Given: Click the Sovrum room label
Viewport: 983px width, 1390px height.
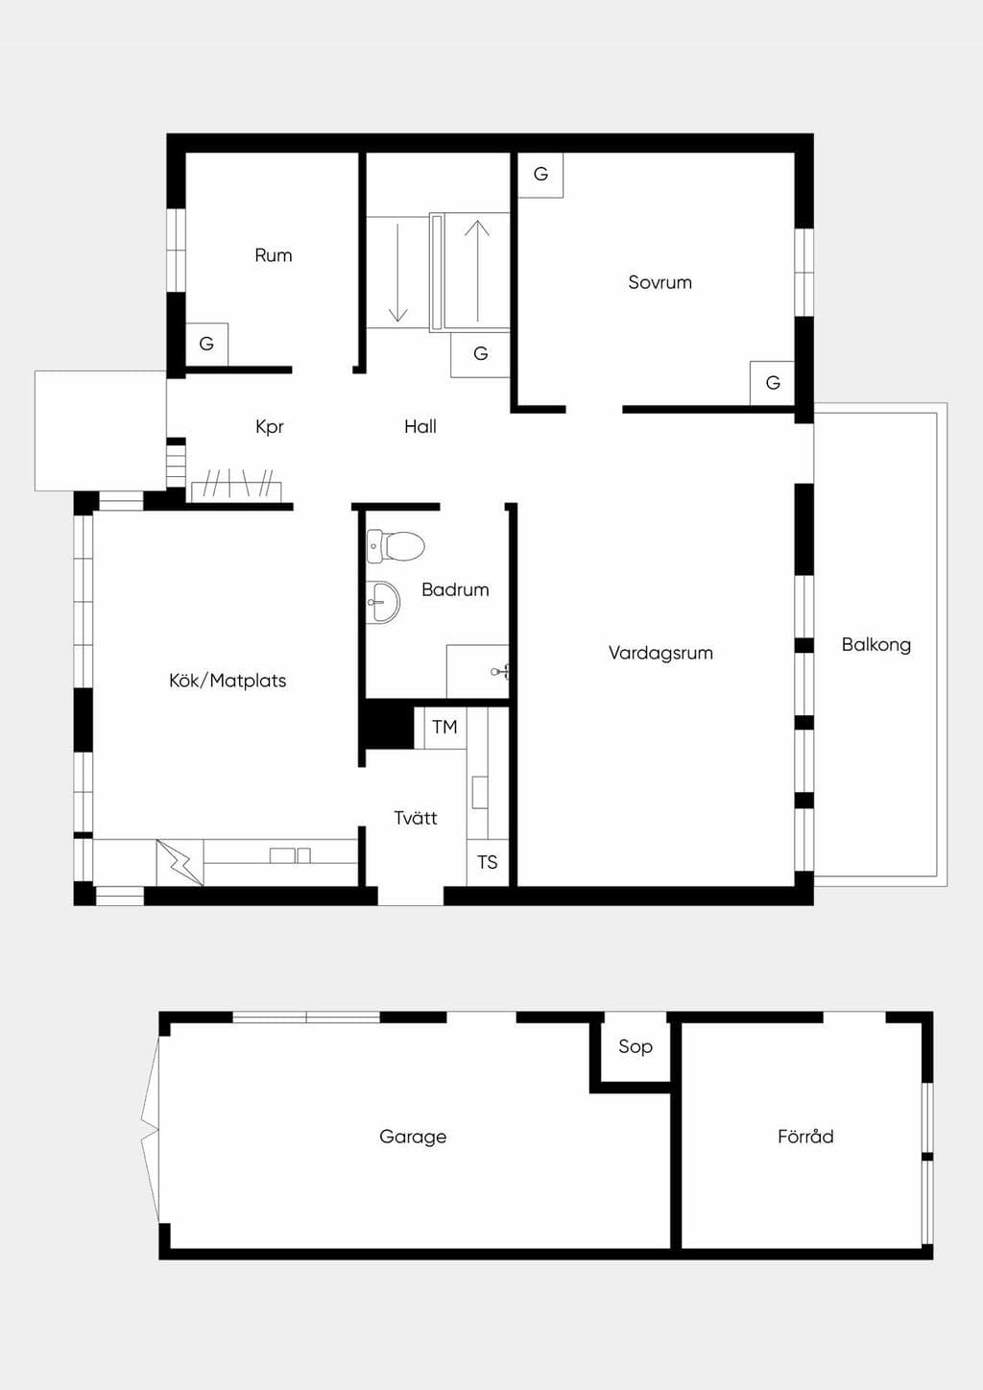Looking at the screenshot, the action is [x=659, y=282].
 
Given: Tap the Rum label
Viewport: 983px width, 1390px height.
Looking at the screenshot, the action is [x=273, y=255].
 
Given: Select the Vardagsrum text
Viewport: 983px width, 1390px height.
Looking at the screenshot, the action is [x=660, y=653].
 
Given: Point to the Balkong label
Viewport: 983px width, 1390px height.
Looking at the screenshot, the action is [x=876, y=645].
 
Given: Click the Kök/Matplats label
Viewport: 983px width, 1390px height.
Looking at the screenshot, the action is [x=228, y=681].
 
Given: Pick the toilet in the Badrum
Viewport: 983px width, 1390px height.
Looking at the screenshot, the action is [x=396, y=546].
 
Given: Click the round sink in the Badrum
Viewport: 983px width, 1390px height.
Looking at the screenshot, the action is [x=383, y=602].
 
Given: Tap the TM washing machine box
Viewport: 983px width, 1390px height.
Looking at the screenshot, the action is [x=445, y=728].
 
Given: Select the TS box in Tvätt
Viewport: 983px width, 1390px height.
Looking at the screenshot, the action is [x=487, y=863].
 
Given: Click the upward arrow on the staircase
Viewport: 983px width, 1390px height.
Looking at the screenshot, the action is [x=477, y=271].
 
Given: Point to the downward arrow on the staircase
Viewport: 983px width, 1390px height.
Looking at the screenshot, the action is [x=397, y=273].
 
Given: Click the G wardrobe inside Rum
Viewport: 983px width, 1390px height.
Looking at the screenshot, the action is [x=206, y=345].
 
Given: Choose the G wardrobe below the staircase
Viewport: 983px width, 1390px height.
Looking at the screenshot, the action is [x=480, y=354].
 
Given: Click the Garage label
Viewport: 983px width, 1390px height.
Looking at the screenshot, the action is [x=413, y=1137].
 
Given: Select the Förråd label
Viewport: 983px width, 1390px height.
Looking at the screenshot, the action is [x=805, y=1136].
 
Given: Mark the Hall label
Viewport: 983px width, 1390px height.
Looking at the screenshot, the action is [x=420, y=426].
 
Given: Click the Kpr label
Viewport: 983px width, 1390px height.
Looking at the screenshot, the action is [x=270, y=427].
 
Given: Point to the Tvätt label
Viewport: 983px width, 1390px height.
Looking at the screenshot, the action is [x=415, y=818].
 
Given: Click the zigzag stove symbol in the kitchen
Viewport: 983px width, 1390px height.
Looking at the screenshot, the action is [x=180, y=863].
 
